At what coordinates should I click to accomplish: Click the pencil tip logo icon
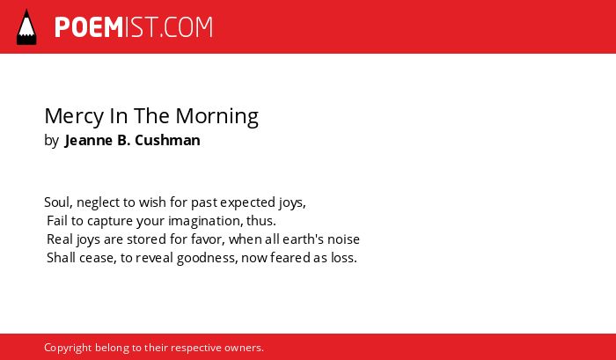(26, 27)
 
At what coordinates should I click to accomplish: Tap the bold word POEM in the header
(89, 27)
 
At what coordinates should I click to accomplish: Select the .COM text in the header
(186, 27)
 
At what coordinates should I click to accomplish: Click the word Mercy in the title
(73, 117)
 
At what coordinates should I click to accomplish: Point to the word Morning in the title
(216, 117)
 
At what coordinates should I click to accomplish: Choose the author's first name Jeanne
(89, 140)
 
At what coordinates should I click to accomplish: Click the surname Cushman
(167, 140)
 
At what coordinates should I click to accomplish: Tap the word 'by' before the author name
(51, 141)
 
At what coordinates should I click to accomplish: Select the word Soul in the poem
(58, 202)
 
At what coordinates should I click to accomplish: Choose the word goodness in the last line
(207, 258)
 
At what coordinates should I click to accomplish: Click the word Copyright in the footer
(68, 348)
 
